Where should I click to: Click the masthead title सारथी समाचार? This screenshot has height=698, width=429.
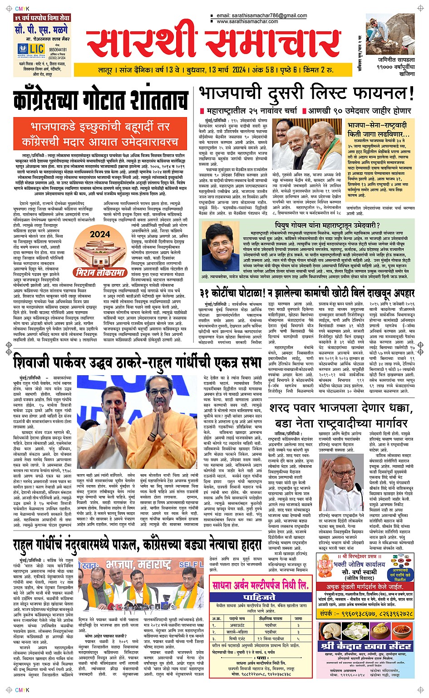213,44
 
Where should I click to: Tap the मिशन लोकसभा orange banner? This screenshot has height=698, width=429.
100,273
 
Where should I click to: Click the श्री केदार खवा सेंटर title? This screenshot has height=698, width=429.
366,646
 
